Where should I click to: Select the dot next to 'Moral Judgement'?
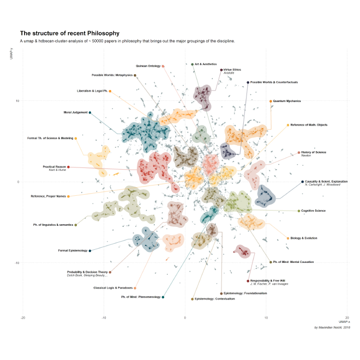pyautogui.click(x=90, y=112)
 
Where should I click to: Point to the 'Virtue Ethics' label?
pyautogui.click(x=232, y=70)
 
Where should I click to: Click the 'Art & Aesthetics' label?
pyautogui.click(x=206, y=64)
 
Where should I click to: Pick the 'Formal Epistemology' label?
pyautogui.click(x=73, y=250)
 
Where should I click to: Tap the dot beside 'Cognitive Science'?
pyautogui.click(x=299, y=211)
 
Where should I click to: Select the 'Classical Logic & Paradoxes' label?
pyautogui.click(x=112, y=287)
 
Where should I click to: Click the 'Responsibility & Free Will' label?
pyautogui.click(x=269, y=280)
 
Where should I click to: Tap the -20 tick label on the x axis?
pyautogui.click(x=23, y=317)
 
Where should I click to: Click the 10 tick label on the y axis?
pyautogui.click(x=18, y=101)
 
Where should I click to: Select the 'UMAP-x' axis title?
pyautogui.click(x=344, y=322)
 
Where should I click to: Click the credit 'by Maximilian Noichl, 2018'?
pyautogui.click(x=332, y=327)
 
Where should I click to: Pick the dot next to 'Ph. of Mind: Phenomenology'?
pyautogui.click(x=163, y=297)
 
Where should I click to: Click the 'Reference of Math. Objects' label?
pyautogui.click(x=309, y=125)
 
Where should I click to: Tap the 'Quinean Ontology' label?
pyautogui.click(x=148, y=66)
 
